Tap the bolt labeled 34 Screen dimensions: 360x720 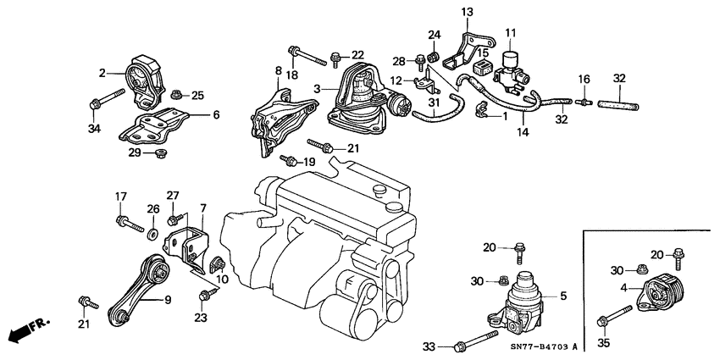click(96, 105)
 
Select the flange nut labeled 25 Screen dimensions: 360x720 click(177, 95)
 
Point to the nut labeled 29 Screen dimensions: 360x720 click(159, 153)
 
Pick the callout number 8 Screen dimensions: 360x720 click(278, 70)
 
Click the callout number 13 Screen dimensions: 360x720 click(468, 12)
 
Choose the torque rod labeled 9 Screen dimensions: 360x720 click(137, 289)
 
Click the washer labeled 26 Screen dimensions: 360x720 click(150, 231)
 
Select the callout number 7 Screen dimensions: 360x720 click(202, 208)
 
